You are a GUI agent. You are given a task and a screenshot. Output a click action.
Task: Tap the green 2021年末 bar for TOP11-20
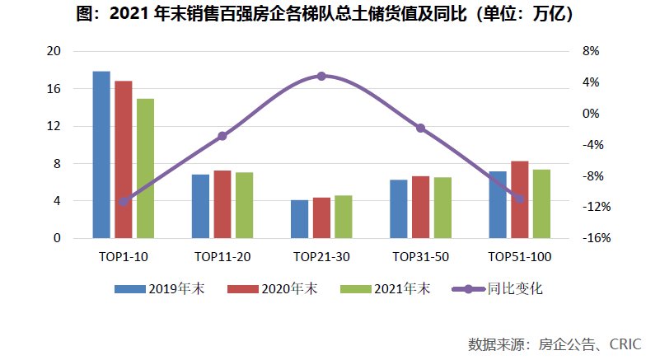[x=245, y=205]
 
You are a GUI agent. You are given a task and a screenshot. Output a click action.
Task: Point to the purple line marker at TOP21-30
[x=321, y=76]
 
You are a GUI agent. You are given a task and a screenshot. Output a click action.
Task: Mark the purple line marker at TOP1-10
[x=124, y=201]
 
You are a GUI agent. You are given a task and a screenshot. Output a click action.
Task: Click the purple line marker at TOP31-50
[x=420, y=128]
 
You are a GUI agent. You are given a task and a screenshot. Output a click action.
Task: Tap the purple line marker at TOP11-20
[x=222, y=135]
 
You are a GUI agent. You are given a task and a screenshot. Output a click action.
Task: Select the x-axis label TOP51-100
[x=519, y=257]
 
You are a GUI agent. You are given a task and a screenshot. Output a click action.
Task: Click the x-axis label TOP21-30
[x=321, y=257]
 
